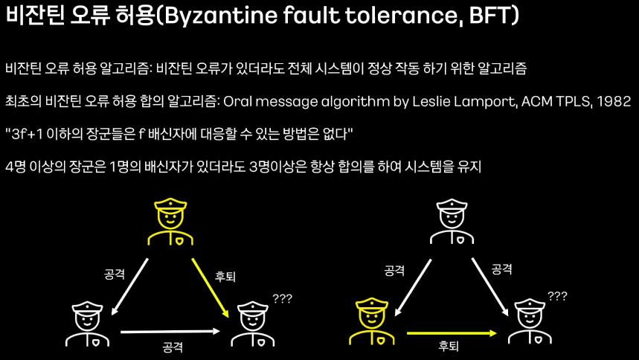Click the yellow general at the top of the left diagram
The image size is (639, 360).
170,220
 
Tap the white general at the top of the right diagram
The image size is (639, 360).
450,220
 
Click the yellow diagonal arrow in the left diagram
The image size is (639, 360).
210,286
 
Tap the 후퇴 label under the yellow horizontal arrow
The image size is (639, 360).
449,347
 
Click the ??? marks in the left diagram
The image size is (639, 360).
282,298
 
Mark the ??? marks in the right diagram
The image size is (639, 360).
557,296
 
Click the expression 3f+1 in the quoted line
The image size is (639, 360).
28,133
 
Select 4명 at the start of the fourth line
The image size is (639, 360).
15,166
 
